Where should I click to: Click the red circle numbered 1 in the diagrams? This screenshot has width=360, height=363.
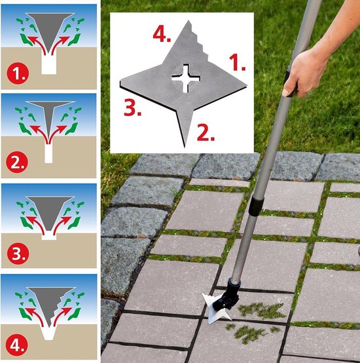[18, 73]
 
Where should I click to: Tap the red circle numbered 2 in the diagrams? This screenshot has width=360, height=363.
[17, 162]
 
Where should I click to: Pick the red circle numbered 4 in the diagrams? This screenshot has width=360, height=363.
[16, 345]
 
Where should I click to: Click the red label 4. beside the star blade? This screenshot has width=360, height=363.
[162, 34]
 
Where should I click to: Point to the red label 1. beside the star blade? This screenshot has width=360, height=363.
[237, 62]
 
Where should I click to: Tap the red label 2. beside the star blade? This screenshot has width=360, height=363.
[206, 132]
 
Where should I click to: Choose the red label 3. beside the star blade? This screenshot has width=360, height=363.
[132, 107]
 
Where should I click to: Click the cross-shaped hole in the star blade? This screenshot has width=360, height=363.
[186, 79]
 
